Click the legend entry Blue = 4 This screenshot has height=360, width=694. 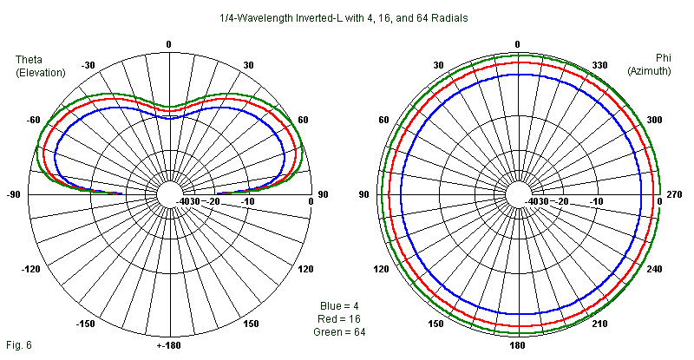(x=339, y=306)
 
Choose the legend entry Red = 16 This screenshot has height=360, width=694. (x=339, y=319)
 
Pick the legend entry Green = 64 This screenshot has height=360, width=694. (x=339, y=332)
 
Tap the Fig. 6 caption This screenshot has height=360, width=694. (x=17, y=345)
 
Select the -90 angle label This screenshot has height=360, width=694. (x=13, y=195)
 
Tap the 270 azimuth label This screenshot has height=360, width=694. (x=673, y=195)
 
